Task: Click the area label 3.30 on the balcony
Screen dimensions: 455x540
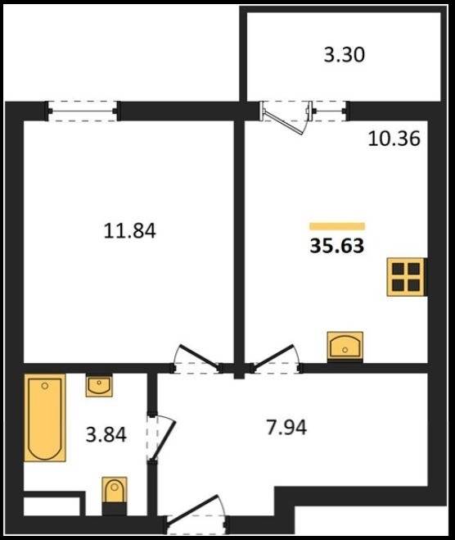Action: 344,55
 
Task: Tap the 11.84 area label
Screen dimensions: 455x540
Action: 129,231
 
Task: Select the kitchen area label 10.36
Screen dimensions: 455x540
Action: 394,139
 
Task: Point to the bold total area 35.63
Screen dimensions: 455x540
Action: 337,246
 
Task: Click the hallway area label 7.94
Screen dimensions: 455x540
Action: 286,428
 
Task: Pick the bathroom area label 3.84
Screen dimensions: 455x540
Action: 106,434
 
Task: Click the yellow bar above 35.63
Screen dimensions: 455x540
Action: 337,226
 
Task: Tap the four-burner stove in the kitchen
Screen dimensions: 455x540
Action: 407,276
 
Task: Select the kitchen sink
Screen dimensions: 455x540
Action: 345,346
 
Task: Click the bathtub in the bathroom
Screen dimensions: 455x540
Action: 45,418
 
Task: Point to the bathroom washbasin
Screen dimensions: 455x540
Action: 99,386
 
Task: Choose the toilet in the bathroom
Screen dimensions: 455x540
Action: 115,491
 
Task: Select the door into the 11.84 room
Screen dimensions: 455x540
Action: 197,358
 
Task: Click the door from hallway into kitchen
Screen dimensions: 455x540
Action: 275,358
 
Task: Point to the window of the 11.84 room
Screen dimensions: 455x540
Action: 83,111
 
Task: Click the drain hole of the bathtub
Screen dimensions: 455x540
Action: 45,386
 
